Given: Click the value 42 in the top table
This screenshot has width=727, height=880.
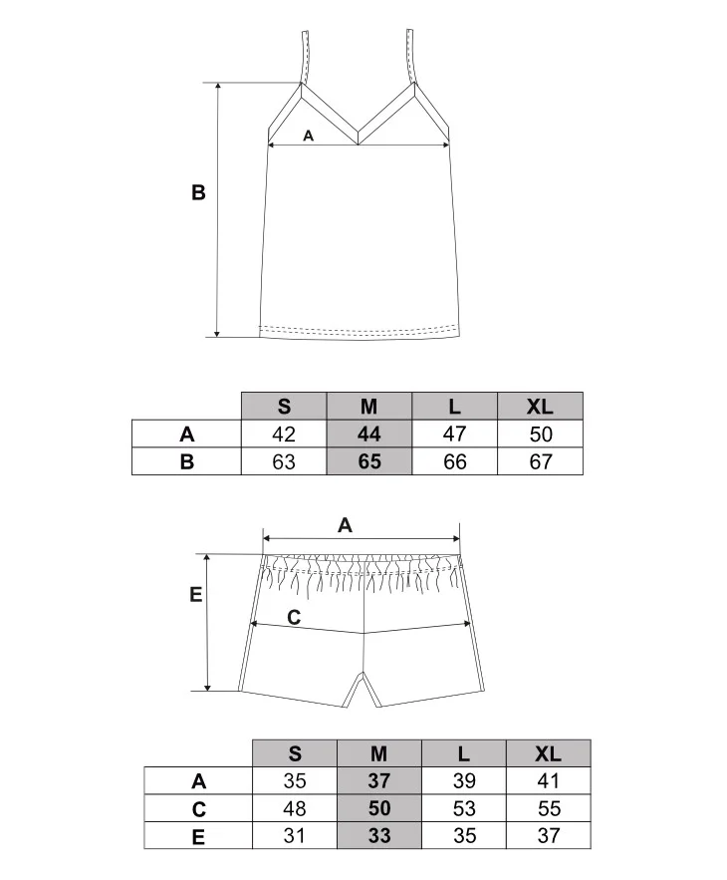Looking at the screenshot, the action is coord(284,434).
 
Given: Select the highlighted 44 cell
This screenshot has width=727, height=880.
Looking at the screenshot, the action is coord(369,434).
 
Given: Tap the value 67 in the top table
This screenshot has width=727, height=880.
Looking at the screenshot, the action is coord(541,461).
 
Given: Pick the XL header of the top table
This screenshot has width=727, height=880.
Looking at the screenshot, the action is coord(540,407).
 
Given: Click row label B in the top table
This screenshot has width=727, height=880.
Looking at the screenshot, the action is coord(187,461).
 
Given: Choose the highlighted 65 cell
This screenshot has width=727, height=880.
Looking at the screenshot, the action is coord(369,461).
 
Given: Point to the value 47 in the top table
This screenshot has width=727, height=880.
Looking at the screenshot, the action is coord(454,434).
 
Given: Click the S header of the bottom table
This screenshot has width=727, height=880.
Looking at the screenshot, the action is coord(295,753).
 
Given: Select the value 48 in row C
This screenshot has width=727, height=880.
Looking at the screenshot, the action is coord(295,808).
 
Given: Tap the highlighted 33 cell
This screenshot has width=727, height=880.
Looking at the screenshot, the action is coord(379,836).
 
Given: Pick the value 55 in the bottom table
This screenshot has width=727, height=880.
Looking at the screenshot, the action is coord(549,808).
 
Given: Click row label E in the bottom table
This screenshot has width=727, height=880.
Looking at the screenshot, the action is coord(198,837).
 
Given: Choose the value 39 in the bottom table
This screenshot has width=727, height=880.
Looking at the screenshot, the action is coord(464,780).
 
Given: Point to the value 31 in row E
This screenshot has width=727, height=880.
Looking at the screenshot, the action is coord(295,836).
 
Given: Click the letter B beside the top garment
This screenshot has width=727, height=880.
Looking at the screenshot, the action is coord(198,192).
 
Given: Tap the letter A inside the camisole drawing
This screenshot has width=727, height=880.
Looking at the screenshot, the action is coord(308,136).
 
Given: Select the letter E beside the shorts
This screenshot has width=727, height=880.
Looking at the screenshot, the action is coord(196,594).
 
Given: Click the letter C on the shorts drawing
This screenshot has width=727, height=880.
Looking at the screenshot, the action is coord(294,617).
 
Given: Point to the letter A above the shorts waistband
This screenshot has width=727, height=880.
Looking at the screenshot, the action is coord(345,525).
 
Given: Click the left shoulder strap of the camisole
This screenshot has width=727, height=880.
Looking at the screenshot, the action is coord(305,57).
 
